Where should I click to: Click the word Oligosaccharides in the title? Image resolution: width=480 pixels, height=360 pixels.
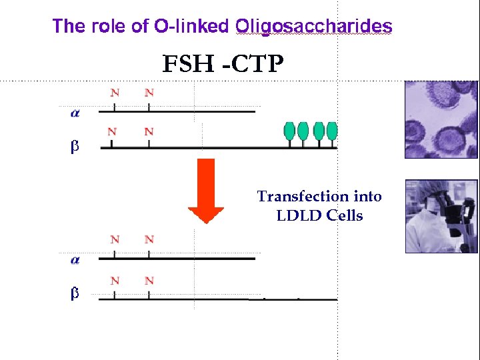click(x=314, y=27)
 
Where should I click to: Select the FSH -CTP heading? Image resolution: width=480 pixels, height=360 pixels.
click(x=223, y=65)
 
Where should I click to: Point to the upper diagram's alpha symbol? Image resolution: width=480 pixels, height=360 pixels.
click(x=75, y=113)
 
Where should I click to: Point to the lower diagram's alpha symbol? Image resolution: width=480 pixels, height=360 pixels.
click(x=75, y=260)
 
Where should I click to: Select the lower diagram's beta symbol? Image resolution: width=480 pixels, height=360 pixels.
click(x=75, y=294)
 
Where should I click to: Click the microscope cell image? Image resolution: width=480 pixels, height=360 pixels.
click(x=441, y=119)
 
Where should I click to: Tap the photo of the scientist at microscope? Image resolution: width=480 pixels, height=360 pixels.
click(x=441, y=216)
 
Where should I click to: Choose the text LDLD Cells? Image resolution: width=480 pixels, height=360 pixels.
click(x=319, y=216)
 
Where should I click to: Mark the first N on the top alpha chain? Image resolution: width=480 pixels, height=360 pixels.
click(x=115, y=93)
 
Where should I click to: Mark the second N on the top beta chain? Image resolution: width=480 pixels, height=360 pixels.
click(x=149, y=131)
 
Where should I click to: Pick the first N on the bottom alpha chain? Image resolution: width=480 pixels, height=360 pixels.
click(x=115, y=239)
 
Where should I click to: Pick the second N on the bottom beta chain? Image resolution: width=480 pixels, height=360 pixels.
click(x=149, y=281)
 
